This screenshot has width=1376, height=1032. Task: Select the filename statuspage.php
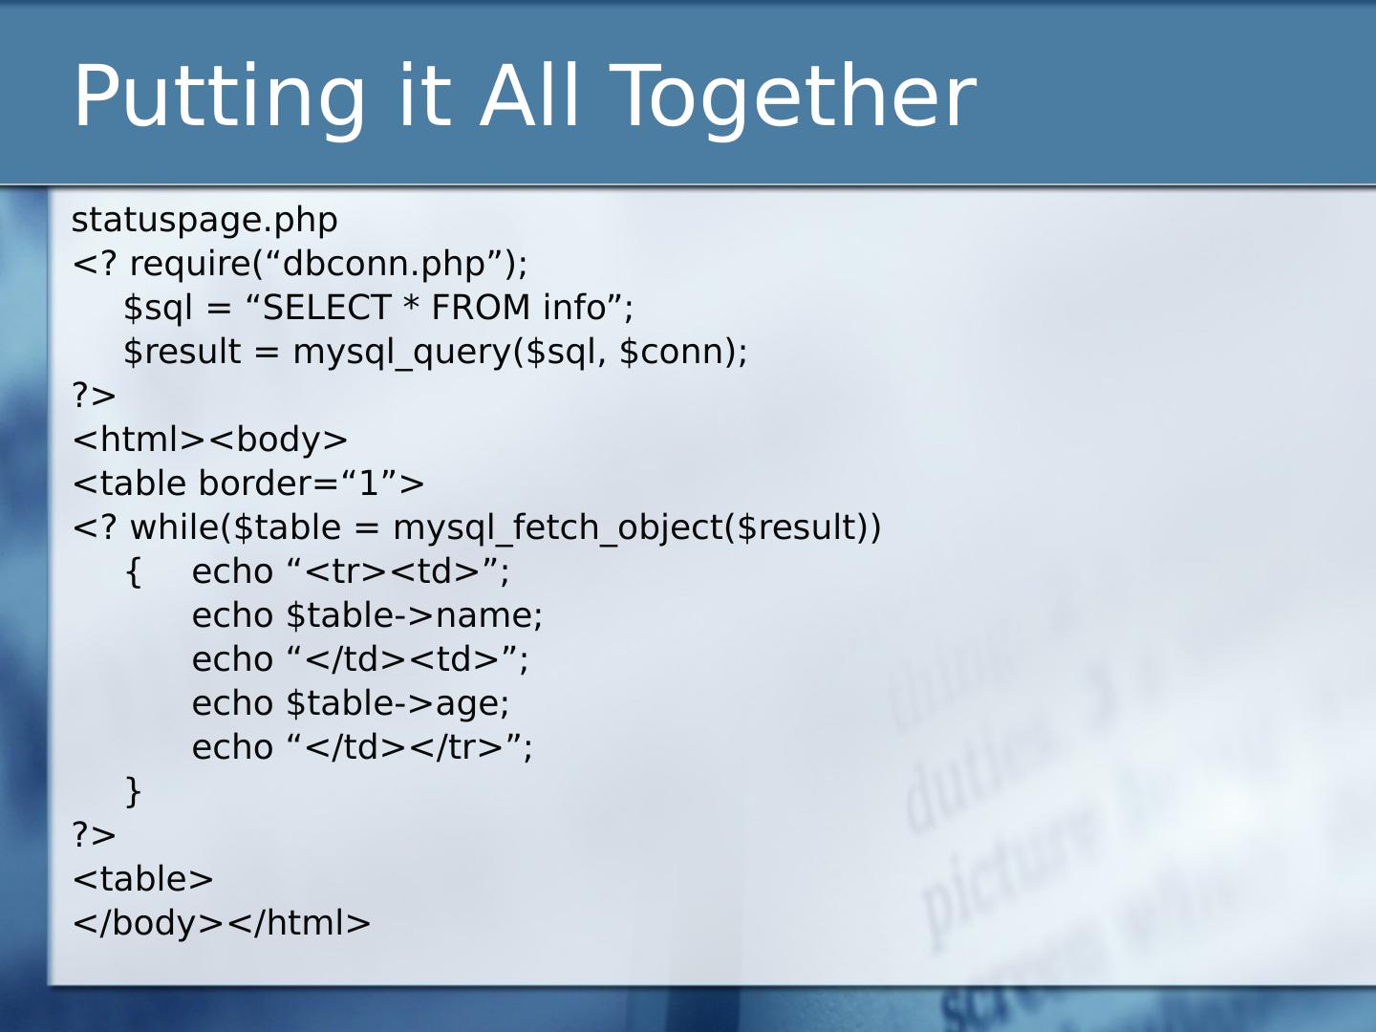204,220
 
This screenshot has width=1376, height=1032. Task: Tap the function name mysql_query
402,352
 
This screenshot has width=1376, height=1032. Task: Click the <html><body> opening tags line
210,440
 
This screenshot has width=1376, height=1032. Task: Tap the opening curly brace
134,571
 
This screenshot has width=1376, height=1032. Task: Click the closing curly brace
134,791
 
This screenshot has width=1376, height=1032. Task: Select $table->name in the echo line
414,615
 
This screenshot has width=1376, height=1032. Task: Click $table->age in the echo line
398,703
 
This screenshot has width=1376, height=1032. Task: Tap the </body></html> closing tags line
222,923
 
